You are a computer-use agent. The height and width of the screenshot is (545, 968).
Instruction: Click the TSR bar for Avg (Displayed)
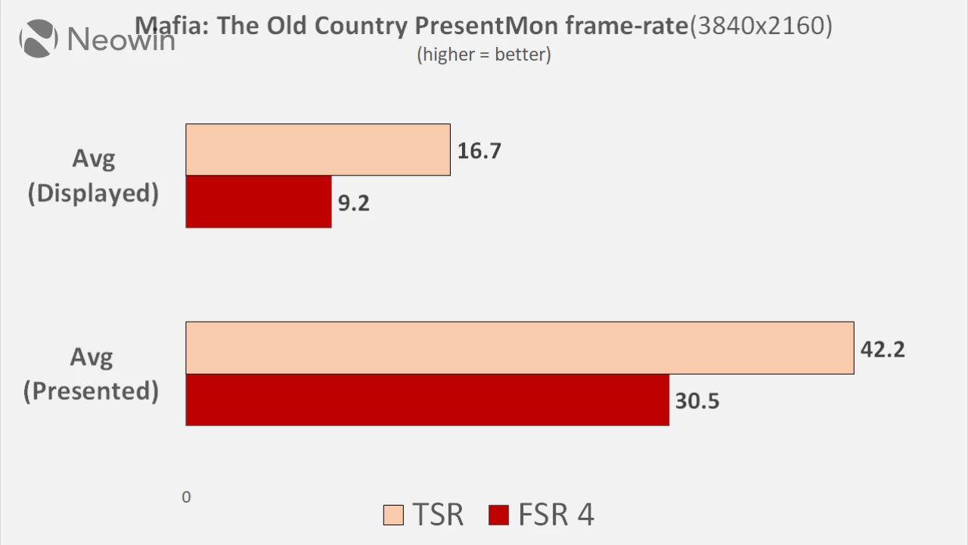pos(318,150)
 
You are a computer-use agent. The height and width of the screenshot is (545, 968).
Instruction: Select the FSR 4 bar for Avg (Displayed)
pos(258,202)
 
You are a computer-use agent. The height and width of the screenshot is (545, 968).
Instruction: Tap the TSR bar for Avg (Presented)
pos(520,348)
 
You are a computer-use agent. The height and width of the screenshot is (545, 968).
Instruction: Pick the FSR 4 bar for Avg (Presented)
pos(427,400)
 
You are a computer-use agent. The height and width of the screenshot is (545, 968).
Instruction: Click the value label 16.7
pos(479,151)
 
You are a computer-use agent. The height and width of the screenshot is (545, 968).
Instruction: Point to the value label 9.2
pos(353,203)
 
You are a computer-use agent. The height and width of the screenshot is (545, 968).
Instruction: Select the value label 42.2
pos(883,349)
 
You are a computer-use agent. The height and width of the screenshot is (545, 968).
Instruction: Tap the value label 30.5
pos(697,400)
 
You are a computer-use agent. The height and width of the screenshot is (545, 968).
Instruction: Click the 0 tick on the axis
pos(186,497)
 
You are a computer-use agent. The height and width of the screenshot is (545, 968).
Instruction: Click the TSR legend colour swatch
pos(394,515)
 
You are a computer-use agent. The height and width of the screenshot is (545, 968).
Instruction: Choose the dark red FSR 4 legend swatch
pos(499,515)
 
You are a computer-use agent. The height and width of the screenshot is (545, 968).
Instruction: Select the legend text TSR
pos(438,515)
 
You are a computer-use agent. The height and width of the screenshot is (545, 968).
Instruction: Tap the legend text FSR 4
pos(556,515)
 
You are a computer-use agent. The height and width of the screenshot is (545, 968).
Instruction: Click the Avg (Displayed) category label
pos(93,176)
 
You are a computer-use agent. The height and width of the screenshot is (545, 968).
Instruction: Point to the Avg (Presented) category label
pos(92,374)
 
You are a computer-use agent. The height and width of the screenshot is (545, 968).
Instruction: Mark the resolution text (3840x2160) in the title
pos(761,26)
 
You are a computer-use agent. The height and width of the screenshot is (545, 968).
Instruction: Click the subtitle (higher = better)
pos(484,54)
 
